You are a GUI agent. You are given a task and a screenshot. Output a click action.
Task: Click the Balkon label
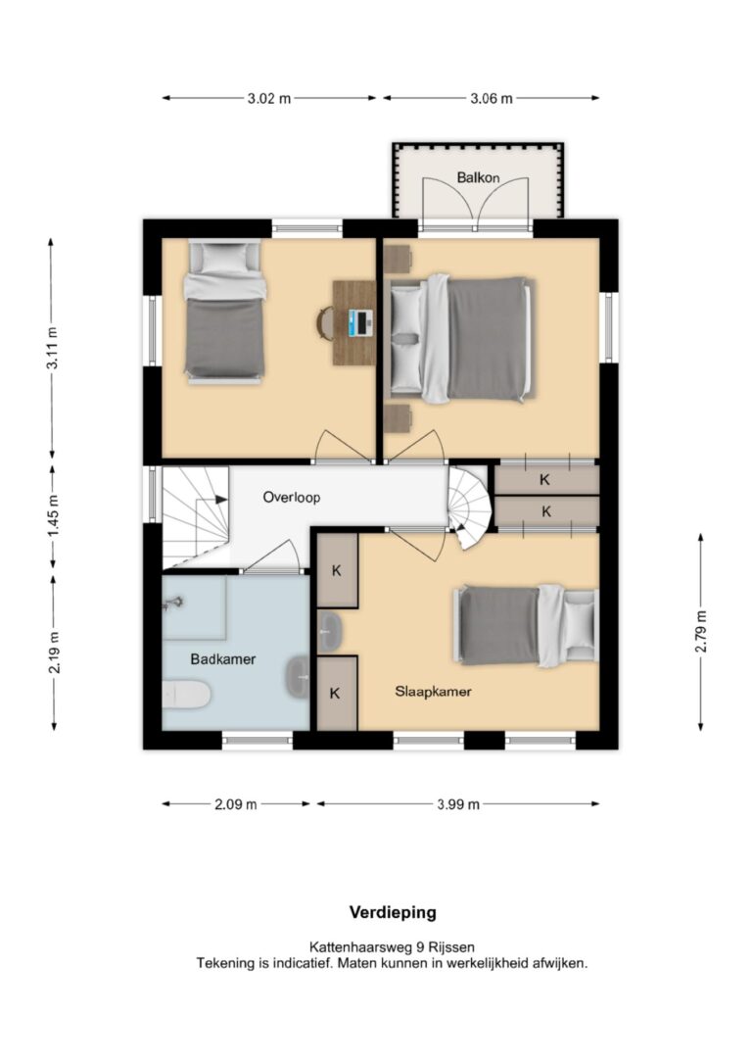tap(478, 177)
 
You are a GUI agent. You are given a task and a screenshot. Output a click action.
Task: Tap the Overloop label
tap(292, 498)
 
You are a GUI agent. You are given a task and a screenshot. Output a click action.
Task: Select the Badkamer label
tap(223, 659)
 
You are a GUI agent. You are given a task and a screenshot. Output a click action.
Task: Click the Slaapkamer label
tap(434, 692)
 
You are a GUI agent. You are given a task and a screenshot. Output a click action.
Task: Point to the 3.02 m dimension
tap(269, 98)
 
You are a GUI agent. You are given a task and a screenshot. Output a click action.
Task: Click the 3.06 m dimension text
tap(492, 98)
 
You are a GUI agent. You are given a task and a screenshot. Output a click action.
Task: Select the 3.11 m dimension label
tap(53, 348)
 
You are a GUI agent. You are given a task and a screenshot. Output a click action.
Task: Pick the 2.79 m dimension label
tap(701, 632)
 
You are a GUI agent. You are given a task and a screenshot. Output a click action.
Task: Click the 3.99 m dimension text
tap(457, 804)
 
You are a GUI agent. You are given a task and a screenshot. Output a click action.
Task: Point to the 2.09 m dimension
tap(236, 804)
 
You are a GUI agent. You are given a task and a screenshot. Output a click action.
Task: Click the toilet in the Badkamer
tap(186, 695)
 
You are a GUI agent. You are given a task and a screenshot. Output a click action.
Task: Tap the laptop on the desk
tap(360, 321)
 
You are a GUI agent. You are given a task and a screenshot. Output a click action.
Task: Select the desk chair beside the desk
tap(325, 321)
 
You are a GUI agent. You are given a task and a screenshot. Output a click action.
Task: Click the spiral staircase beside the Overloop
tap(468, 506)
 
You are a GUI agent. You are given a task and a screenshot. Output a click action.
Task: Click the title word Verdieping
tap(393, 913)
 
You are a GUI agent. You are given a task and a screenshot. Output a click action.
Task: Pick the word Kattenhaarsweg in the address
tap(360, 946)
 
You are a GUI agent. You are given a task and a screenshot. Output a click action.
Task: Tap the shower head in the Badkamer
tap(173, 603)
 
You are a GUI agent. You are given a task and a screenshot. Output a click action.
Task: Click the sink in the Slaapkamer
tap(330, 632)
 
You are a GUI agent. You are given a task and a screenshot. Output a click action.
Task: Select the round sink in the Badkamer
tap(297, 677)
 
